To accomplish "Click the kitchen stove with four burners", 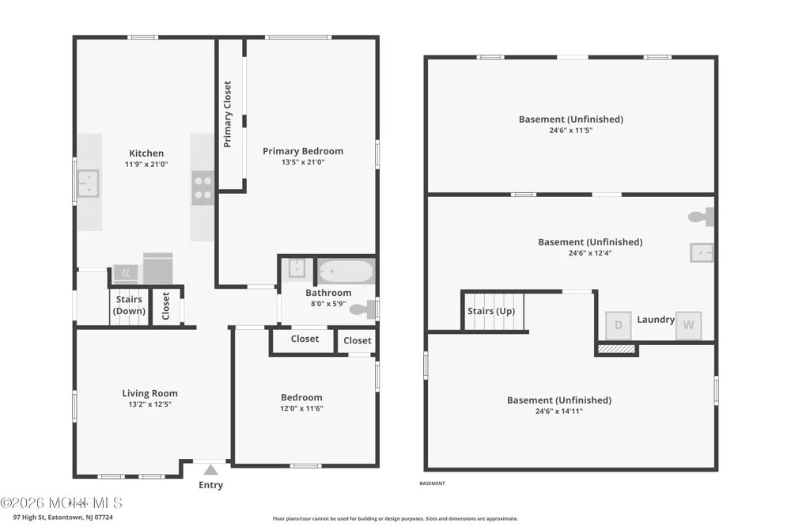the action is tap(202, 188).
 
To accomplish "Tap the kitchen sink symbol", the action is tap(89, 184).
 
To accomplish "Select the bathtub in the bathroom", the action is tap(346, 271).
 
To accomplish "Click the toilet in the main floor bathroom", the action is tap(363, 309).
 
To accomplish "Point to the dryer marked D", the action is tap(619, 325).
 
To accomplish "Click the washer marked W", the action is tap(689, 325).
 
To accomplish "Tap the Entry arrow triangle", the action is tap(211, 471).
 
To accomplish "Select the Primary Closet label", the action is tap(228, 114).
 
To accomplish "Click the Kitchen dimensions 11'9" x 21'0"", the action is tap(146, 164).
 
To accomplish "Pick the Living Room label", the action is tap(149, 392).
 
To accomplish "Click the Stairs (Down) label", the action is tap(129, 305).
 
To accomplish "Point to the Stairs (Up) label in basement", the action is tap(491, 311).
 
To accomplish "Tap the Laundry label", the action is tap(656, 319).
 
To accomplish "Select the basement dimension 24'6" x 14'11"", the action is tap(559, 411).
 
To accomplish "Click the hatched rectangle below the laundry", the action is tap(616, 349).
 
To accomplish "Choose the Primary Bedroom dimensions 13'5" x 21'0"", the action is tap(303, 162).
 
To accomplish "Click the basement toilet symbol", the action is tap(701, 217).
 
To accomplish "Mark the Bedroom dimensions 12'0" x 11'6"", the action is tap(301, 408).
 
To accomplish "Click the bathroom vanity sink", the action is tap(297, 268).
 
